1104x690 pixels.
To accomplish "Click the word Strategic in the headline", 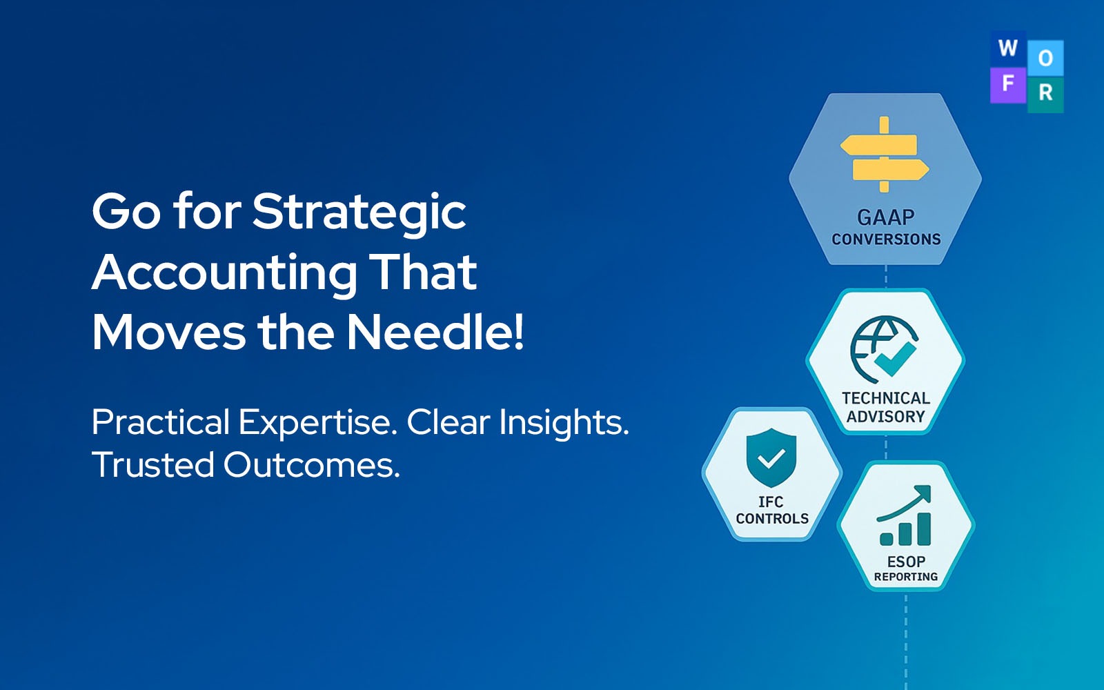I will pos(359,212).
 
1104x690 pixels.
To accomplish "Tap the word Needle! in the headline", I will pos(435,333).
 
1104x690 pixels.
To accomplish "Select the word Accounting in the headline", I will pos(224,273).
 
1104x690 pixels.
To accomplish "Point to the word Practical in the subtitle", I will pos(161,422).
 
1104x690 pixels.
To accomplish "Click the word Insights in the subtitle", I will pos(563,422).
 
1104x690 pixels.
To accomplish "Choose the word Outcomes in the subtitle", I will pos(311,465).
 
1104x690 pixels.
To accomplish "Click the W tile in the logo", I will pos(1007,48).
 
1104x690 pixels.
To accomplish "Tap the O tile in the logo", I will pos(1045,58).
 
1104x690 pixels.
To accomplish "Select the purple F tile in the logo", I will pos(1007,84).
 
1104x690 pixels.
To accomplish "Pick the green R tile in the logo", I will pos(1045,92).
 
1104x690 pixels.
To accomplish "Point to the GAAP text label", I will pos(885,217).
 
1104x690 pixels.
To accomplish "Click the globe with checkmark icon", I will pos(884,349).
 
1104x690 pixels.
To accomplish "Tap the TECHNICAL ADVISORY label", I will pos(885,407).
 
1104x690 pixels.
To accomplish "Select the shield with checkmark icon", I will pos(771,457).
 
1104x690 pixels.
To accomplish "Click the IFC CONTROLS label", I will pos(771,510).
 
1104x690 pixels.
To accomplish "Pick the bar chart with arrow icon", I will pos(905,516).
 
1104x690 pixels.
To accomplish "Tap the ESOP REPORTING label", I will pos(905,569).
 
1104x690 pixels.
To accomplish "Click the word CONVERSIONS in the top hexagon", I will pos(886,239).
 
